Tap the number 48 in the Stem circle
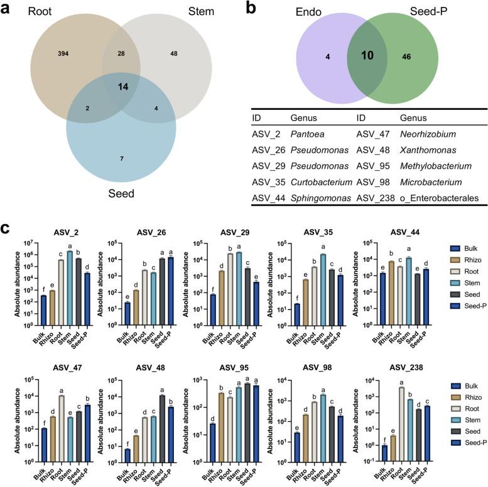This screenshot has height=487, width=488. click(174, 54)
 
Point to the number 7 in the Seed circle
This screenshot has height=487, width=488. click(122, 158)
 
